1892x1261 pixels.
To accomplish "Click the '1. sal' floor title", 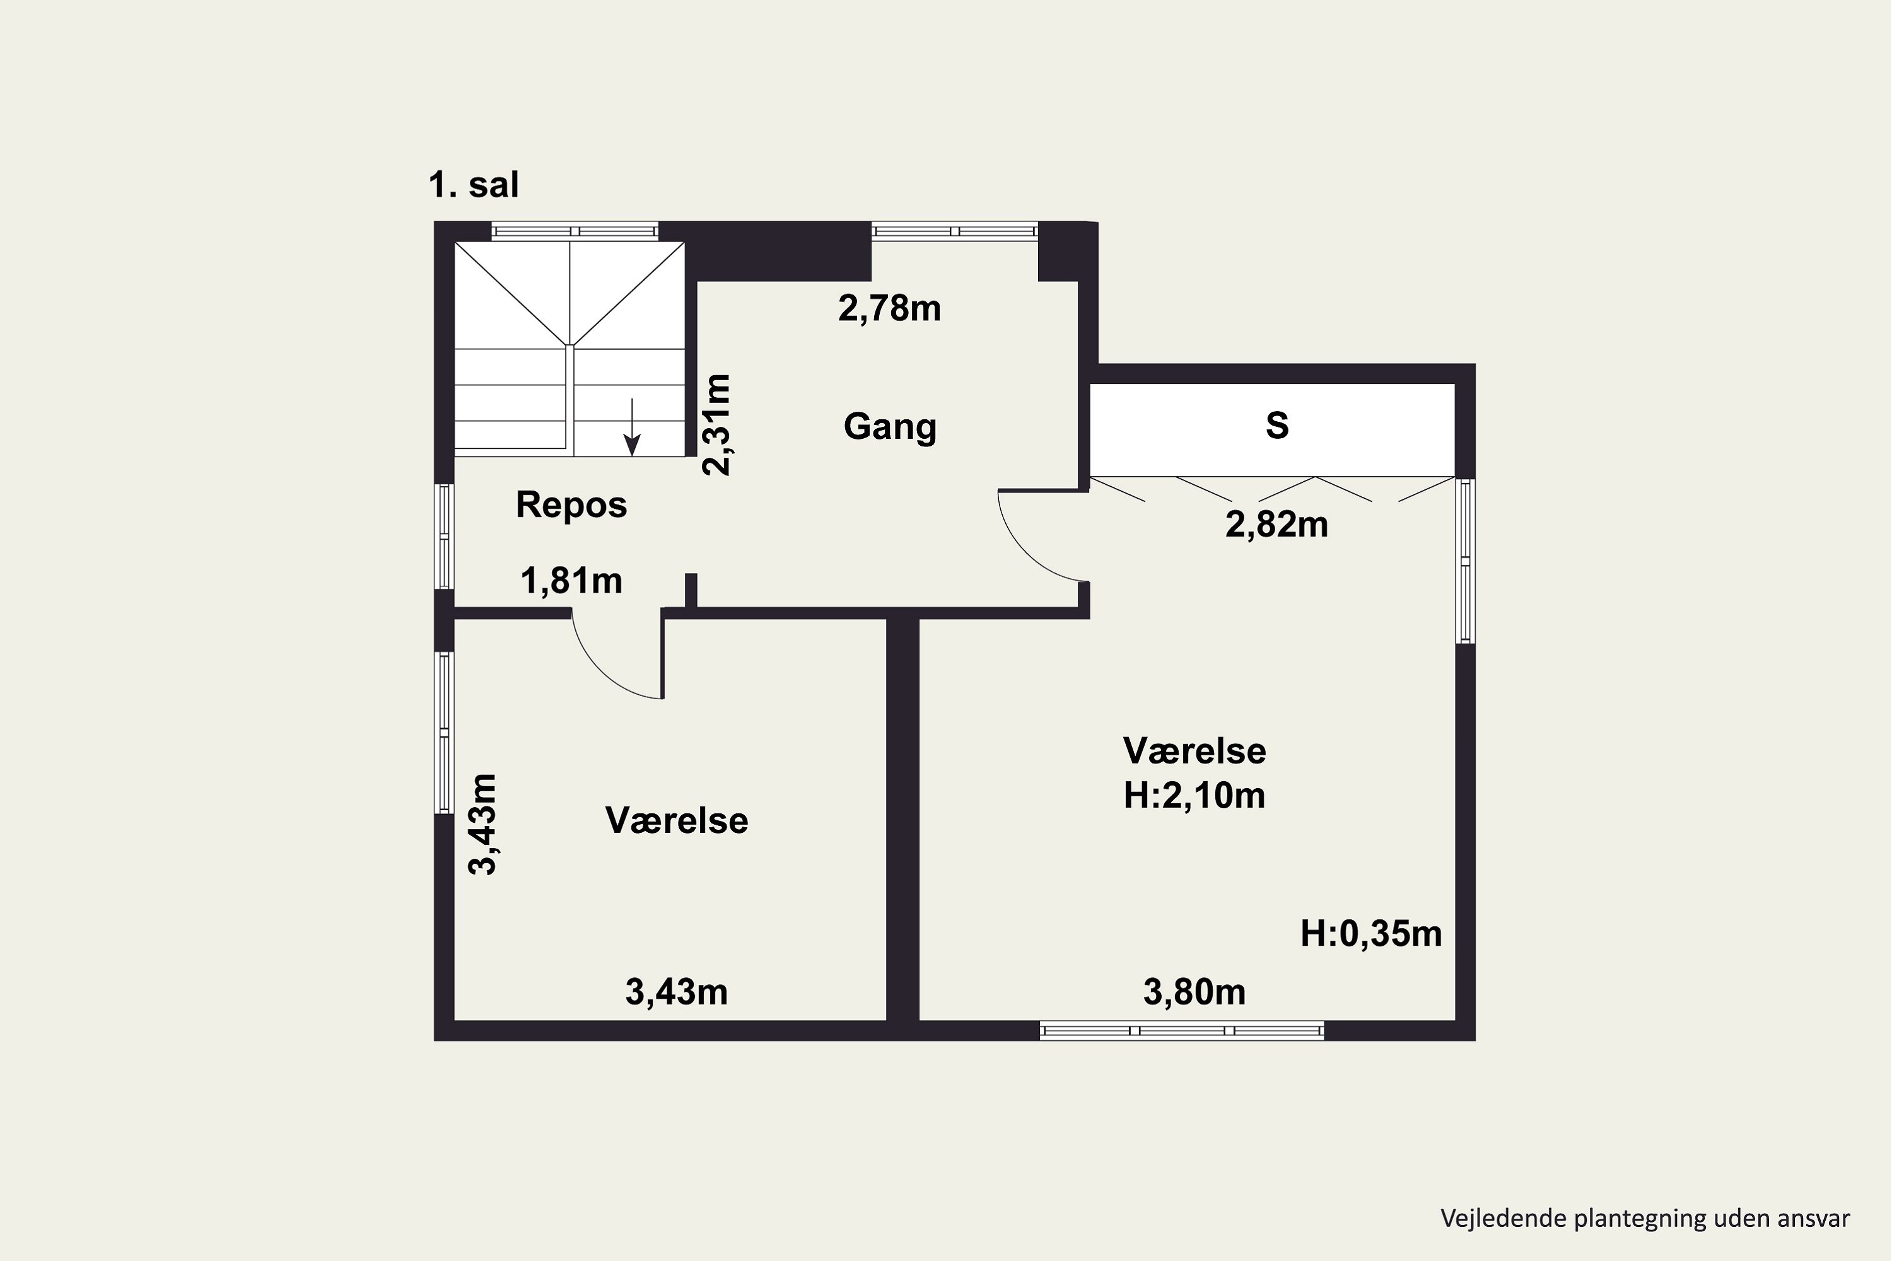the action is pyautogui.click(x=474, y=185).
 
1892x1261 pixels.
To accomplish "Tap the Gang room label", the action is pyautogui.click(x=890, y=426).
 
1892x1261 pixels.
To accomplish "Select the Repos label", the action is pyautogui.click(x=571, y=505).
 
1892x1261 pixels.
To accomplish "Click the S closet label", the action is pyautogui.click(x=1276, y=426).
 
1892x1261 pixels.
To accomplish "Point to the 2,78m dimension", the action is pyautogui.click(x=889, y=309).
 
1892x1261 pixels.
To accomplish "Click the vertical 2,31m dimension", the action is pyautogui.click(x=716, y=424).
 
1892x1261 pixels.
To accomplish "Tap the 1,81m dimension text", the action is pyautogui.click(x=571, y=581).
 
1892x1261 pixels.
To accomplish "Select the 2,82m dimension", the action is pyautogui.click(x=1276, y=525).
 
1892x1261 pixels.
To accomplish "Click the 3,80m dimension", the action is pyautogui.click(x=1194, y=993).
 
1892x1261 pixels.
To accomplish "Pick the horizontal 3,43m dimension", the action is pyautogui.click(x=677, y=993).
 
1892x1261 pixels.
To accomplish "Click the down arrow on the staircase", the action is pyautogui.click(x=633, y=427).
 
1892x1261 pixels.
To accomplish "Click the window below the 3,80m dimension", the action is pyautogui.click(x=1182, y=1030).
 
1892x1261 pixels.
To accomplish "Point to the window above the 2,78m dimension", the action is pyautogui.click(x=954, y=231).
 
